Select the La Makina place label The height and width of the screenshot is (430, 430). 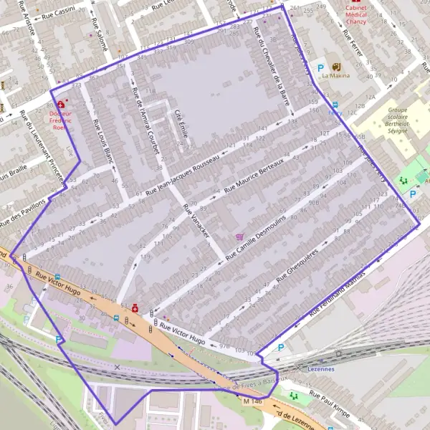[335, 75]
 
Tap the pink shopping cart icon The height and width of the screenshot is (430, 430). [239, 236]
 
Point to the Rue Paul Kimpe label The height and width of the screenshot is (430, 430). [330, 401]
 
